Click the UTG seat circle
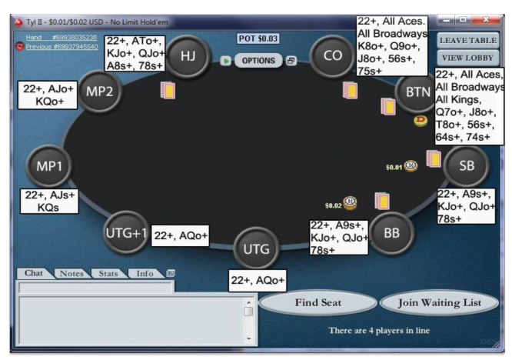point(256,248)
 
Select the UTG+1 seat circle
point(125,232)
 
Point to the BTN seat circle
point(417,92)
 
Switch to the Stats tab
point(108,273)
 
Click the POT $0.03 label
point(258,38)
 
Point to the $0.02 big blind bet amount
point(333,205)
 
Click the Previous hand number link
point(62,47)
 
